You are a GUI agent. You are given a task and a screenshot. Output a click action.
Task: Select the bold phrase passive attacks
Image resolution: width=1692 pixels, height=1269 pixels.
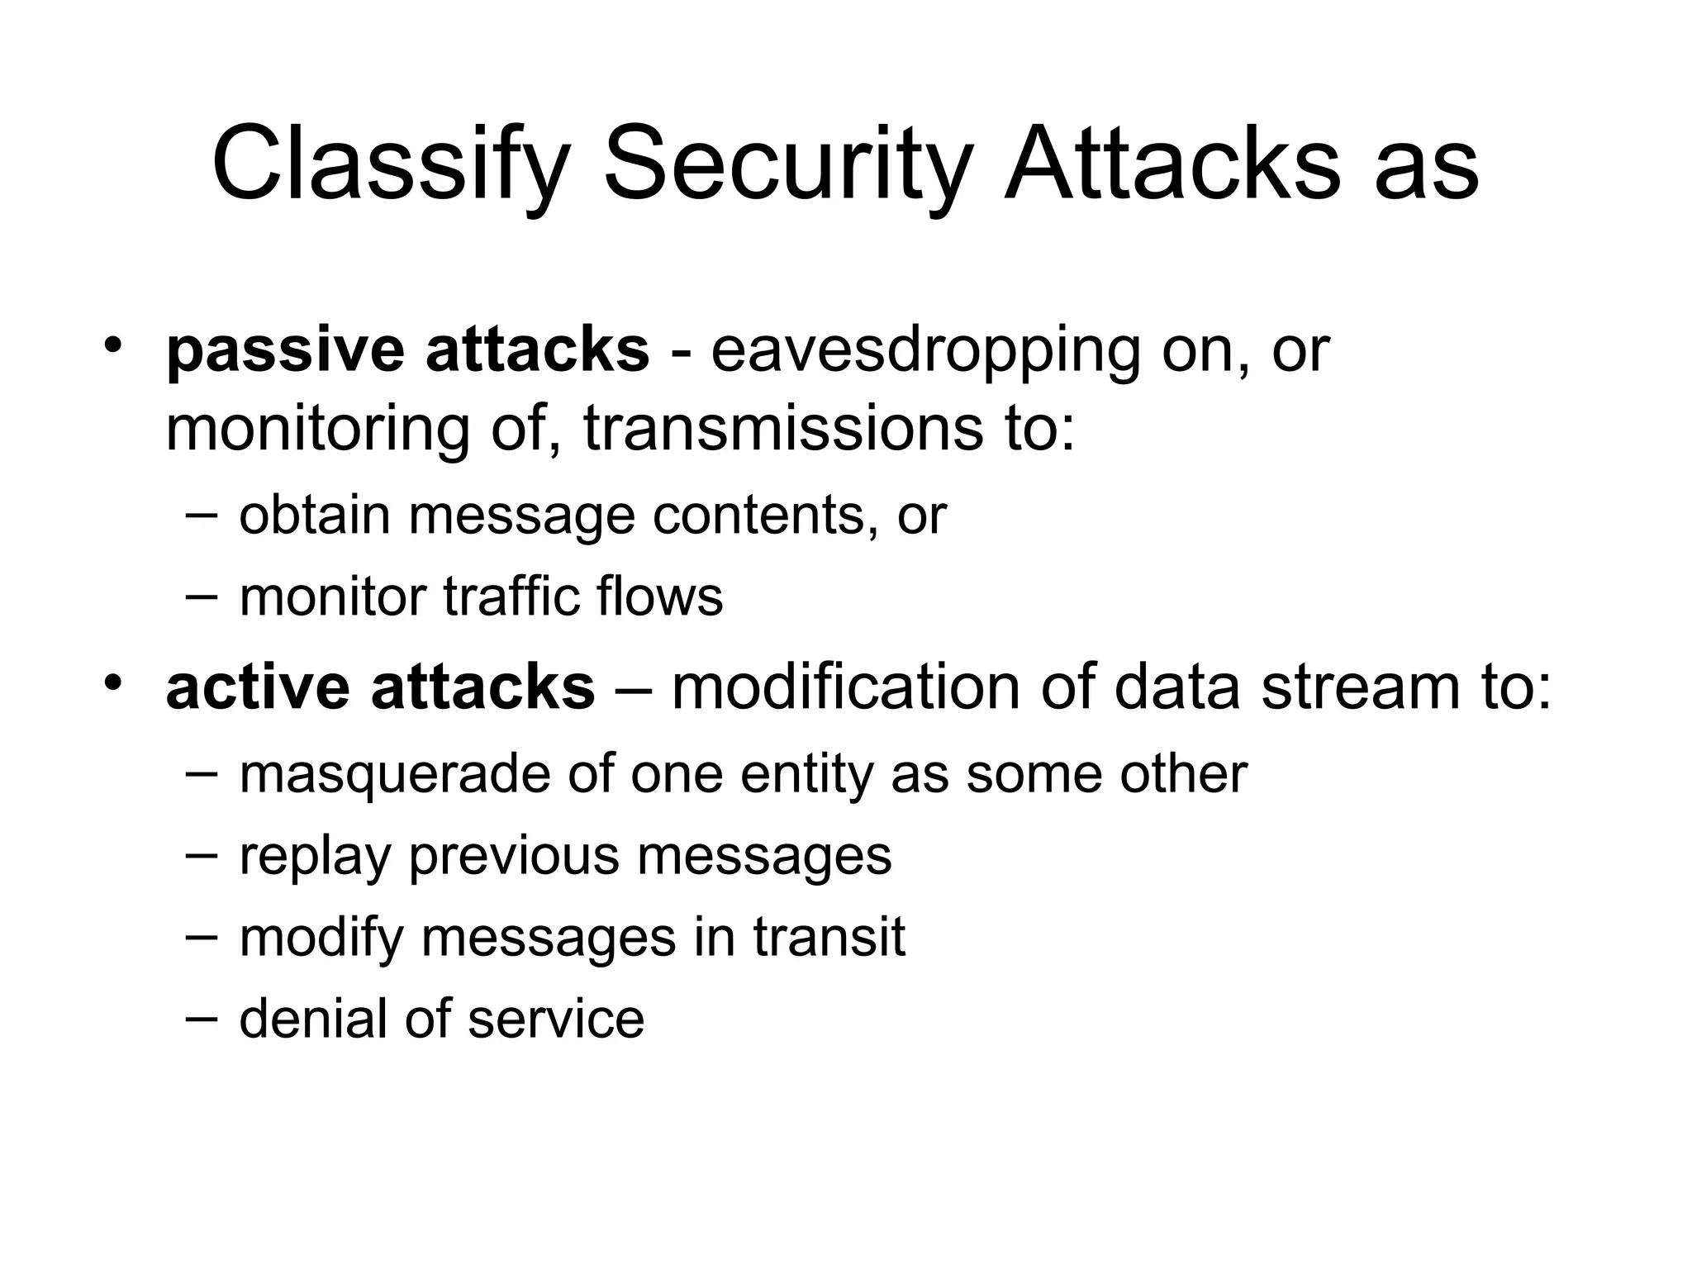coord(407,350)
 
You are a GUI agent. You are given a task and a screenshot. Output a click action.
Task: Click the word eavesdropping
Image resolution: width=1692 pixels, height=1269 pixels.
coord(925,350)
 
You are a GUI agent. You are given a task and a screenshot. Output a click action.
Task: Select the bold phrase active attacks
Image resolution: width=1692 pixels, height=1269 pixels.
coord(380,687)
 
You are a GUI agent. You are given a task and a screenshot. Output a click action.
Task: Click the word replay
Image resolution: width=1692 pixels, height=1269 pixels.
coord(314,856)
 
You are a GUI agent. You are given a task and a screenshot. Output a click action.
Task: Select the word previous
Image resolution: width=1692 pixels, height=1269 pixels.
coord(513,856)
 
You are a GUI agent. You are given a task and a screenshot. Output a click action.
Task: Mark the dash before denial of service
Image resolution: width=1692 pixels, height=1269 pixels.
coord(202,1018)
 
